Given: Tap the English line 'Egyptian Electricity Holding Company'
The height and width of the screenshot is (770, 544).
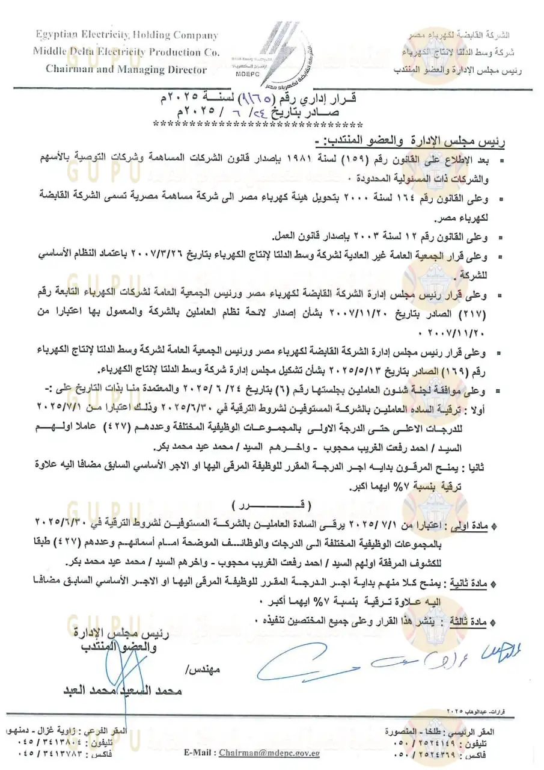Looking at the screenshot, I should [x=127, y=35].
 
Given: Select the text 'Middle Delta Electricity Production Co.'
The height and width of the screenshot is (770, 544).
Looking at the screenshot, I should [x=126, y=52].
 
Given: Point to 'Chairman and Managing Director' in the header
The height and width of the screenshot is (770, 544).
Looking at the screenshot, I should [x=126, y=69].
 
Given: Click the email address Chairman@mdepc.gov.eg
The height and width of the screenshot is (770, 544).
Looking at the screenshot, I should [x=269, y=753].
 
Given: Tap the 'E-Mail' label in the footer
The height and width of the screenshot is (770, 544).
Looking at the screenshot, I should [x=200, y=753].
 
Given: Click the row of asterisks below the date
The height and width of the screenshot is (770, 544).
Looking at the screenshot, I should [x=258, y=125].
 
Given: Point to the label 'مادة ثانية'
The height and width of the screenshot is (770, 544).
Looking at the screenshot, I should [x=475, y=583].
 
